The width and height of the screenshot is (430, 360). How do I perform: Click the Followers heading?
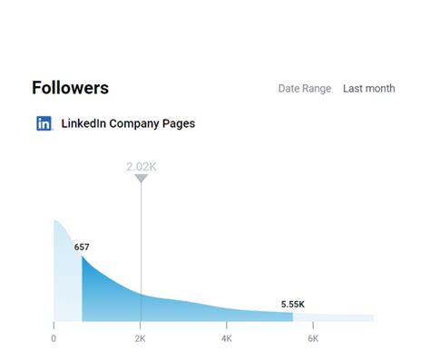70,88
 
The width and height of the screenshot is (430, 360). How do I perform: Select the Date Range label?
305,89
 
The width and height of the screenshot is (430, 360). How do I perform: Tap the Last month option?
368,89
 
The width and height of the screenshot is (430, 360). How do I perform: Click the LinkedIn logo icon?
44,123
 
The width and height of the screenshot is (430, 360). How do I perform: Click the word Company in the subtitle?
136,123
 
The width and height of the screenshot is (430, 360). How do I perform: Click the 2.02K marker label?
141,167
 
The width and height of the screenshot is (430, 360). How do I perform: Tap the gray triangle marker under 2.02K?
141,179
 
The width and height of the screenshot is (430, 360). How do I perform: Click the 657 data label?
82,246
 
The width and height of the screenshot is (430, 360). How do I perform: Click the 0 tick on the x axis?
54,338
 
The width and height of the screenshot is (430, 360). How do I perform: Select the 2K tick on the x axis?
141,338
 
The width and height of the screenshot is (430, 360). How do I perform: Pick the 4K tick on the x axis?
227,338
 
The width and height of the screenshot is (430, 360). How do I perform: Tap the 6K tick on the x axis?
313,338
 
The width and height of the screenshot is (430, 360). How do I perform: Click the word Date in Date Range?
289,89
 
